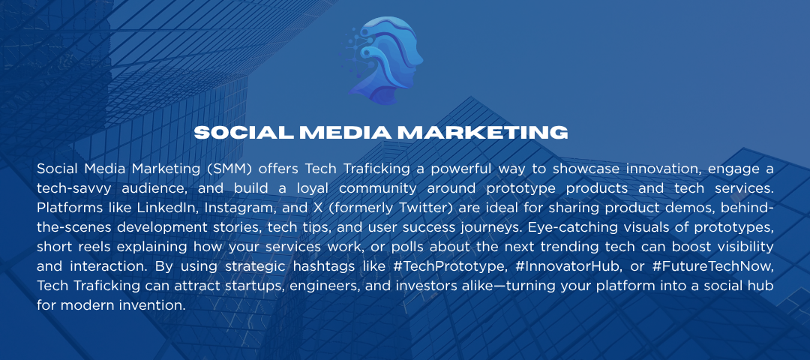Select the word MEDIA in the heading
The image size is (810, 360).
[x=345, y=133]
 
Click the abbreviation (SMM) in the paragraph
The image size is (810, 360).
[x=230, y=169]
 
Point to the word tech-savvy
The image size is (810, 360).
[x=68, y=188]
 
